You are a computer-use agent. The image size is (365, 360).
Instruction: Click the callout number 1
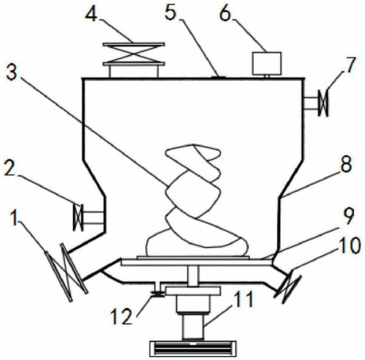[x=14, y=218]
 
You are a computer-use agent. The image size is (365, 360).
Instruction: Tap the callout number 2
[x=10, y=168]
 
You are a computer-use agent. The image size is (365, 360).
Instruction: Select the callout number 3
[x=11, y=71]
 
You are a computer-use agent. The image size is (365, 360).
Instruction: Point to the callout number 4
[x=91, y=14]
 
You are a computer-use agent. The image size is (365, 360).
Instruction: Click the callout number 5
[x=170, y=12]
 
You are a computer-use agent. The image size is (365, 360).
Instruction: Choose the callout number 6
[x=225, y=14]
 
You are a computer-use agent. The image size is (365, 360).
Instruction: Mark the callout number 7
[x=351, y=65]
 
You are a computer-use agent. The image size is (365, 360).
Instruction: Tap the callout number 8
[x=346, y=163]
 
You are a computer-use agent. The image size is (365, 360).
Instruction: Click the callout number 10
[x=350, y=245]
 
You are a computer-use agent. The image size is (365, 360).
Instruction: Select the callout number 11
[x=243, y=299]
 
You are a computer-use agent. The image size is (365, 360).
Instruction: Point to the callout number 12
[x=122, y=316]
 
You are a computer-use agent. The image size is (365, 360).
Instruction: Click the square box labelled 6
[x=267, y=63]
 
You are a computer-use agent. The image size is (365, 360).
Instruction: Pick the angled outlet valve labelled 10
[x=287, y=287]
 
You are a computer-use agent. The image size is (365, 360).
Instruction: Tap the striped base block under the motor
[x=193, y=349]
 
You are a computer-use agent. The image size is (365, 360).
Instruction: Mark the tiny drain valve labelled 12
[x=158, y=294]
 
